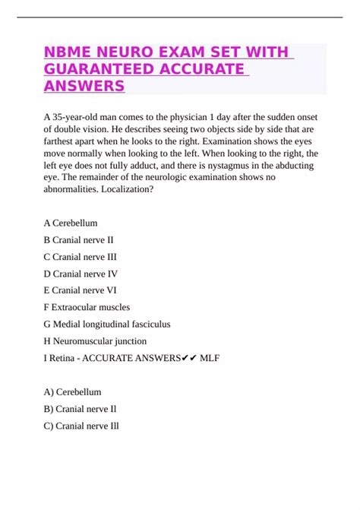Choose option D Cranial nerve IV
(81, 274)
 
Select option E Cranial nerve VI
(81, 290)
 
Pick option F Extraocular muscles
(87, 307)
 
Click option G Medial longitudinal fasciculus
(107, 324)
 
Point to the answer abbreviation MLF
(205, 358)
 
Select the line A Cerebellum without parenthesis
(71, 223)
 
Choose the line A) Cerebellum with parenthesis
(73, 392)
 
